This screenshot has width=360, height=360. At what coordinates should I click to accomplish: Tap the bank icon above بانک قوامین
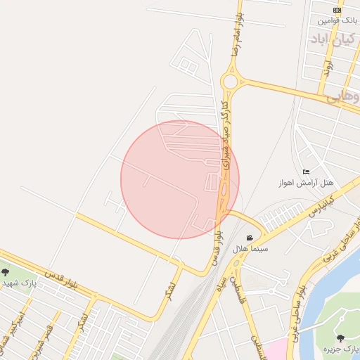pos(337,11)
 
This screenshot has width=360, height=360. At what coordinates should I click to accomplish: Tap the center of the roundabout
pos(229,82)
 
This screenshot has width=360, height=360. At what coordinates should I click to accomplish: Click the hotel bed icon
pos(305,172)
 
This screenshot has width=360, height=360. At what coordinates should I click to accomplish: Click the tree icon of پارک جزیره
pos(340,338)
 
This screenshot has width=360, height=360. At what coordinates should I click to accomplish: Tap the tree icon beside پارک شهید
pos(6,272)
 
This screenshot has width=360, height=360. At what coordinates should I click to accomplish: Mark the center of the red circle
pos(180,179)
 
